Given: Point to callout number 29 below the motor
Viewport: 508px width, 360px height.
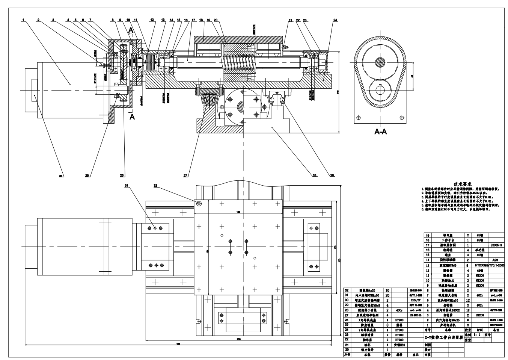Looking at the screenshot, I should click(87, 175).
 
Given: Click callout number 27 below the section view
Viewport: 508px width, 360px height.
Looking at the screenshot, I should click(185, 175).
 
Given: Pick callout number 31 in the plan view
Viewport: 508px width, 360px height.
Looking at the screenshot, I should click(126, 185).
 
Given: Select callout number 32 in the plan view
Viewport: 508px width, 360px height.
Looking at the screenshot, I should click(155, 185).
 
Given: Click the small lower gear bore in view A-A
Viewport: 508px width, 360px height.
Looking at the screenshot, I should click(380, 91).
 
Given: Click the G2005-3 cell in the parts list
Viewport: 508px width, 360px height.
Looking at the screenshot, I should click(496, 245).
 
